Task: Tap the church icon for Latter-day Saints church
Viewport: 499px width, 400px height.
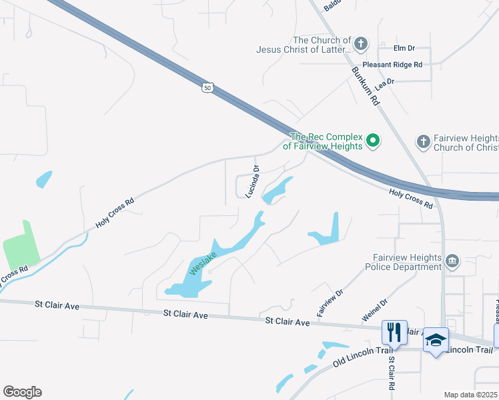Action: [x=360, y=44]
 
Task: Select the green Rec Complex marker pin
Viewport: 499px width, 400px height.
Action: [x=374, y=141]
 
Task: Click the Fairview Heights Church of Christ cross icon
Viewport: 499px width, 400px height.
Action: [x=422, y=141]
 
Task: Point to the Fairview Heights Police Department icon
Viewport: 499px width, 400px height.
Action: [x=453, y=261]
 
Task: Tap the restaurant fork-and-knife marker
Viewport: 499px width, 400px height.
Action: [x=394, y=331]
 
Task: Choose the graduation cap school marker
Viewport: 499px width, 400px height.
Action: [x=436, y=339]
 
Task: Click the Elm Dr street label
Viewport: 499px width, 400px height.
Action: [x=404, y=48]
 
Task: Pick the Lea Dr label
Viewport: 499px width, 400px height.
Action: [x=385, y=81]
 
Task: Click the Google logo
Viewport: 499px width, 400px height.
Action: [x=22, y=392]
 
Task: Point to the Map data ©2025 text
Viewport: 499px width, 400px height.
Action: [x=470, y=395]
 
